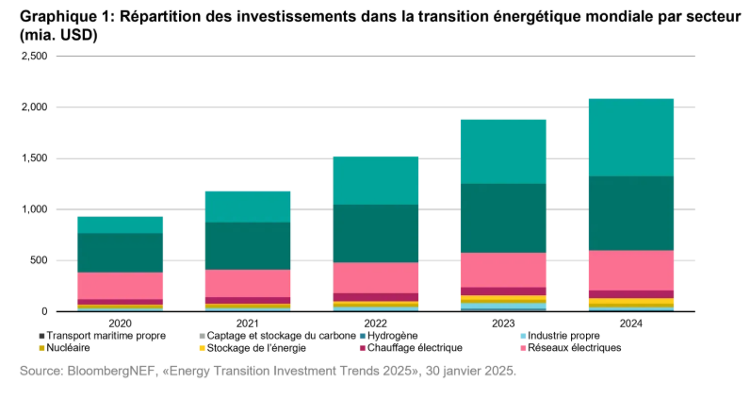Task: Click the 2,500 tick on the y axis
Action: click(x=34, y=56)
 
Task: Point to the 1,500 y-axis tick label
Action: click(x=34, y=158)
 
